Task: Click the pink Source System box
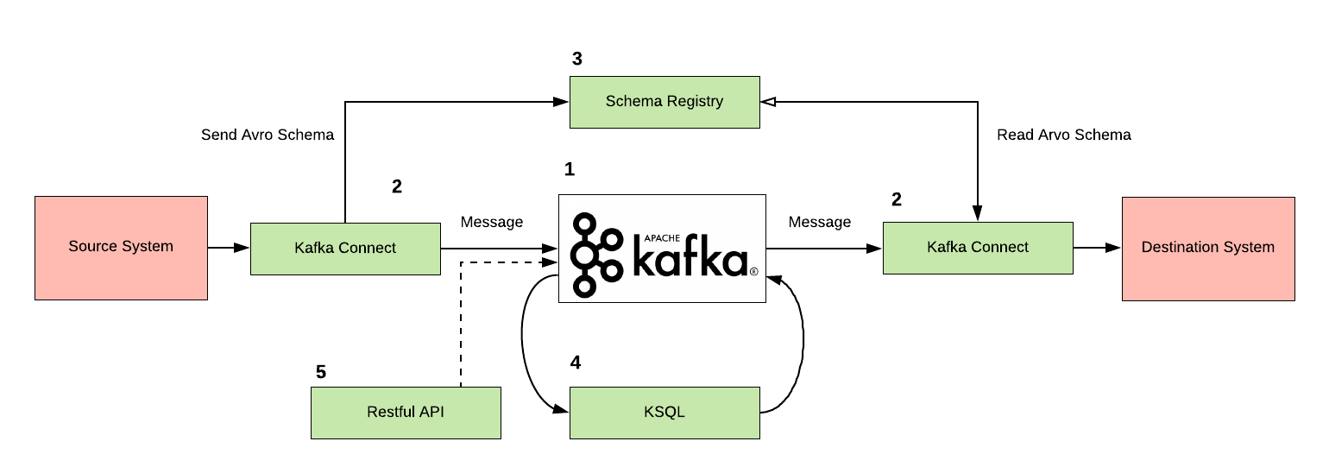point(121,248)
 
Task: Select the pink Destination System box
point(1207,249)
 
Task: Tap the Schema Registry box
point(664,102)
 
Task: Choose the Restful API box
point(406,413)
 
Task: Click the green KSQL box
point(664,413)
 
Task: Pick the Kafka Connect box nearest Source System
point(345,249)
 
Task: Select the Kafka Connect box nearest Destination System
point(978,248)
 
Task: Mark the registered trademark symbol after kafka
point(753,271)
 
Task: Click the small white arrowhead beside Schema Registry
point(770,102)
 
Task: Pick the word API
point(431,412)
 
